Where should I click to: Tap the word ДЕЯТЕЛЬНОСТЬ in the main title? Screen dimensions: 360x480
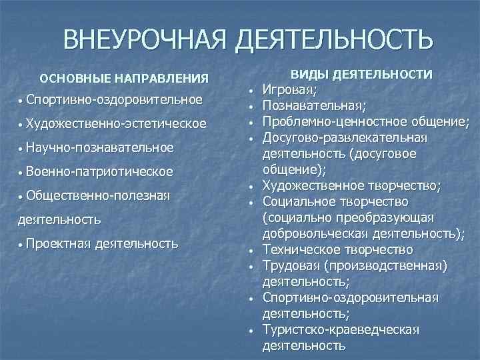(333, 41)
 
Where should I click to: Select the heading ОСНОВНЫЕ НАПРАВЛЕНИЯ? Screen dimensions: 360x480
(124, 78)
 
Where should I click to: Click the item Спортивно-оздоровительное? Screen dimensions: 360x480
(115, 100)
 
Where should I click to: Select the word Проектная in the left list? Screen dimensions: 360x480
(59, 243)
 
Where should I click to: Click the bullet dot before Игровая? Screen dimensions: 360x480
(248, 91)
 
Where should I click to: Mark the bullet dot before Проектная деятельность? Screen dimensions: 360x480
(21, 245)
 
